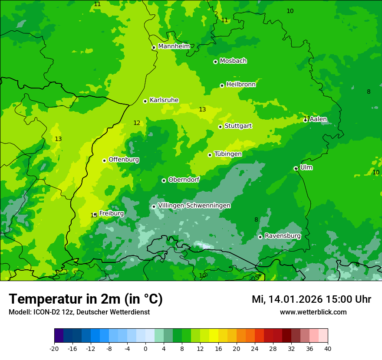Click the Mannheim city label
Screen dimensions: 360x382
pos(174,46)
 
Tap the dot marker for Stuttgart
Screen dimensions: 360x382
pos(220,127)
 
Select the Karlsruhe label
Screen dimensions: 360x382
pos(164,100)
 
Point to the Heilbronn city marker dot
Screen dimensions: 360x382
pos(222,85)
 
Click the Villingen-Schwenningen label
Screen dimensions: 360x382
pos(194,206)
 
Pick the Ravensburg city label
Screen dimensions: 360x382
pos(283,236)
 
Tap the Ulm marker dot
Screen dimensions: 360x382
pos(296,168)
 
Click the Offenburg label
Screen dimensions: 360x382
pos(124,160)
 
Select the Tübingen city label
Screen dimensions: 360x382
pos(228,154)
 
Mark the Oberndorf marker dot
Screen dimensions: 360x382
pos(164,180)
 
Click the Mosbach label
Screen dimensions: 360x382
pos(233,61)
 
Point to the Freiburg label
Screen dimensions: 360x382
pos(112,213)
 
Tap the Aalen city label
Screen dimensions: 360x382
pos(318,119)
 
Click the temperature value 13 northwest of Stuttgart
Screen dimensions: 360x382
pos(202,110)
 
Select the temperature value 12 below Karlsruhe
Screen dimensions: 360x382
pos(137,123)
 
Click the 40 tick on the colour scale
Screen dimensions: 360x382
pos(328,348)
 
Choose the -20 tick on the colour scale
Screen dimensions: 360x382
pos(54,348)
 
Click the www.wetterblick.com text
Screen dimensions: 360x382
pos(313,312)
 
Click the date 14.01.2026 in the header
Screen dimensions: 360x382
pos(295,299)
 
